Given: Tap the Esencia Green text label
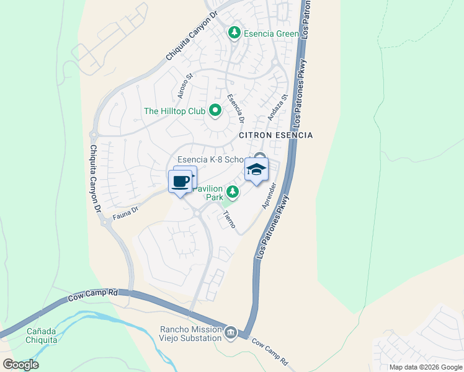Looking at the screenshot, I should pos(271,33).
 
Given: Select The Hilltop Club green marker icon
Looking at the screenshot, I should pos(215,111).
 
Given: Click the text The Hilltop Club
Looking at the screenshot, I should pos(174,112).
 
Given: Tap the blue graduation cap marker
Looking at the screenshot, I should pos(256,169).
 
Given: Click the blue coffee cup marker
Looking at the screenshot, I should pos(181,182).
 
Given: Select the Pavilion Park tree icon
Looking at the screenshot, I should pos(233,192).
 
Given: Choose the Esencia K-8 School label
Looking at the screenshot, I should pos(211,159).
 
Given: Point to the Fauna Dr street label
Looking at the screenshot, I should pos(125,213).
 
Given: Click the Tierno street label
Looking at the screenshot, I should pos(228,219).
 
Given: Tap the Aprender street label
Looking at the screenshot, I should pos(268,195).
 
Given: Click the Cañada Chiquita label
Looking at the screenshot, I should pos(42,335).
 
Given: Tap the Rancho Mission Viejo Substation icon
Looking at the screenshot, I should pos(230,334).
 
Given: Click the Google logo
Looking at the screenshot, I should pos(20,365).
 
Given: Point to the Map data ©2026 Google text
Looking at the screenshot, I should pos(426,367).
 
